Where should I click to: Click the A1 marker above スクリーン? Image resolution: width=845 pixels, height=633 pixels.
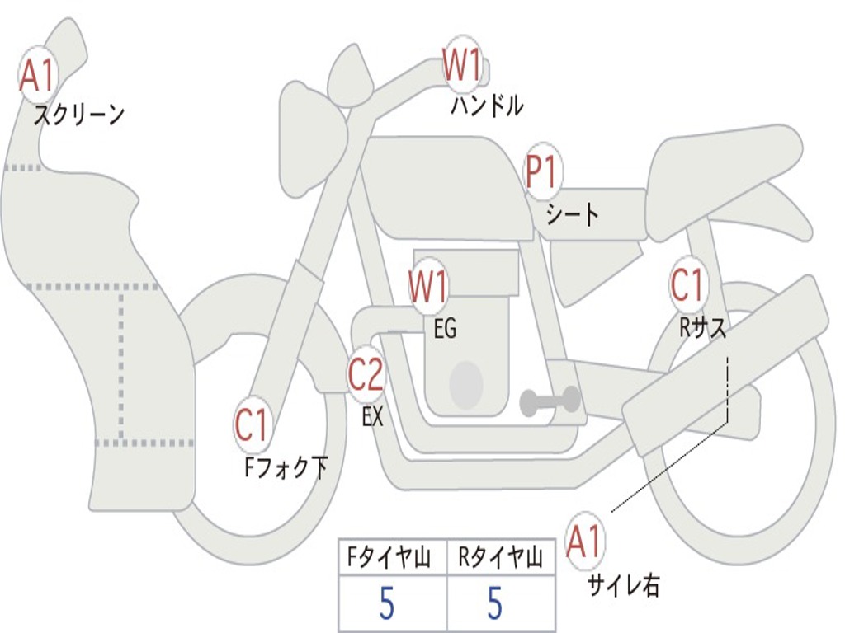(x=36, y=77)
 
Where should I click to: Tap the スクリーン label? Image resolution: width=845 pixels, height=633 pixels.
(x=79, y=114)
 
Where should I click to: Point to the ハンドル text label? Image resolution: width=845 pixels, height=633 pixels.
(x=487, y=105)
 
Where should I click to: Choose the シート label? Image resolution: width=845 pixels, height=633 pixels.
(x=573, y=215)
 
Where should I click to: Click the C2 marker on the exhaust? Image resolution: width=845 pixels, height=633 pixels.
(x=366, y=375)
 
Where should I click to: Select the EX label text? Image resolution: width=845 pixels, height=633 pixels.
(x=373, y=417)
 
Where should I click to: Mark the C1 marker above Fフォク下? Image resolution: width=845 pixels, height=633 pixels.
(x=253, y=426)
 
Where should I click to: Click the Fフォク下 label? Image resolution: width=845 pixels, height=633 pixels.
(x=286, y=468)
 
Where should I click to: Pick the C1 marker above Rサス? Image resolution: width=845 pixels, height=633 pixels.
(x=687, y=285)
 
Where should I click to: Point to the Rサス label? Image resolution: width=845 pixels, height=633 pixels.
(x=702, y=328)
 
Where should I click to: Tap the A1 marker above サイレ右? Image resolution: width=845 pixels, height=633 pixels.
(x=585, y=542)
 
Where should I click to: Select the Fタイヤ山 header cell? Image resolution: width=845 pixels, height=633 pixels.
(x=393, y=559)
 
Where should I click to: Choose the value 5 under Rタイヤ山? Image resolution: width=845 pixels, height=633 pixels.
(x=495, y=604)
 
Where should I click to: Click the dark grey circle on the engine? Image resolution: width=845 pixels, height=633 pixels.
(x=466, y=383)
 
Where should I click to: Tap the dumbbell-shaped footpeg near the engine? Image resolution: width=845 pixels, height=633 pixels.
(x=550, y=401)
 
